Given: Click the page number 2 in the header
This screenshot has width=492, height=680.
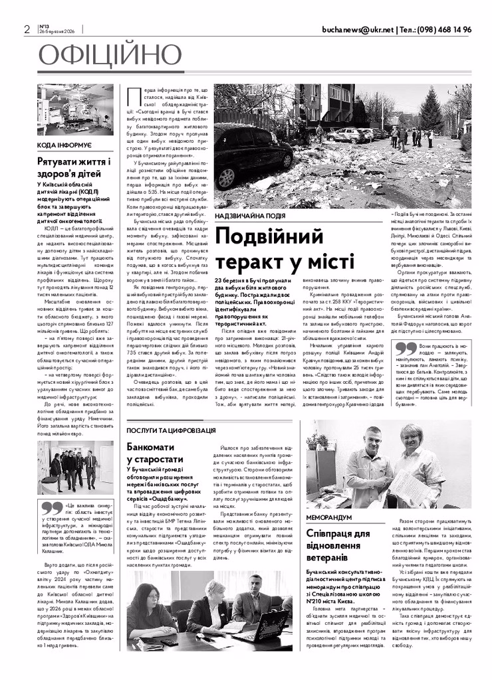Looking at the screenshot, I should (27, 30).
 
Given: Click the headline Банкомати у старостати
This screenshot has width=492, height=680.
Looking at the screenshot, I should (155, 453).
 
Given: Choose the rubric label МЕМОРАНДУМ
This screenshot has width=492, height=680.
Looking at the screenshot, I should (329, 516).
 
